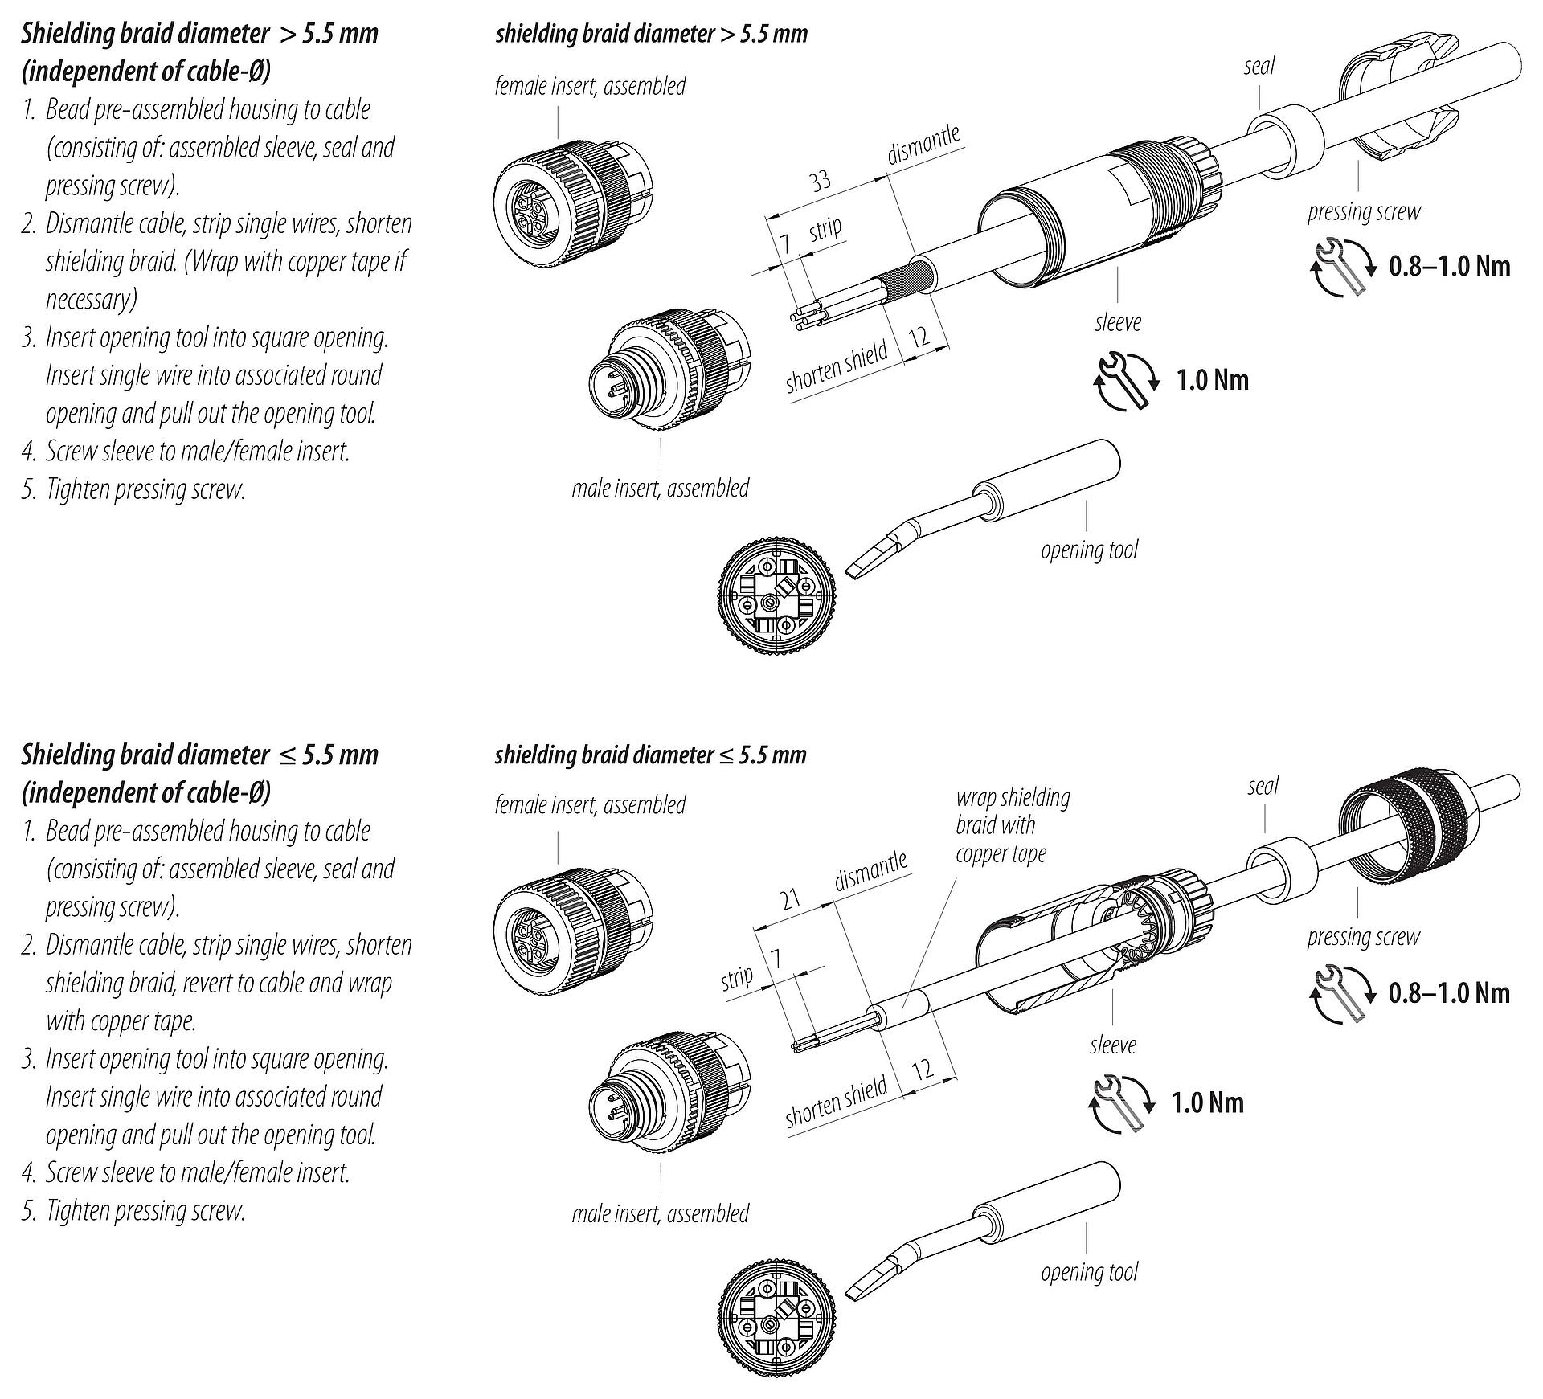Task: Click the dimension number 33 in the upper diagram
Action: pos(819,181)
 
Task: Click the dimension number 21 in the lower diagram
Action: pos(792,898)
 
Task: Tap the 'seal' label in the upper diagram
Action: pos(1259,66)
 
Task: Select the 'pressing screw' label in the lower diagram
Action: pos(1363,937)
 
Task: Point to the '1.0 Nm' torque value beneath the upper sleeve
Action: pos(1212,379)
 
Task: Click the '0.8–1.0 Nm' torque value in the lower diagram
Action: pos(1449,992)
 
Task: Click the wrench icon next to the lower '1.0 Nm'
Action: pos(1121,1102)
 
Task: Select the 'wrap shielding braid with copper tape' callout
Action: pos(1012,825)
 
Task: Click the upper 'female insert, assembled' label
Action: pos(590,86)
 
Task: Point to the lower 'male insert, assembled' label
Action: pos(660,1213)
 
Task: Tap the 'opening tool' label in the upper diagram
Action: pos(1089,550)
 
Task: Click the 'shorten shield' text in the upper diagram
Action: pos(837,366)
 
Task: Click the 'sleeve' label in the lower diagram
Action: pos(1112,1045)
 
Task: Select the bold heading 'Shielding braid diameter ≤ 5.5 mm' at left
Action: pos(199,755)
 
